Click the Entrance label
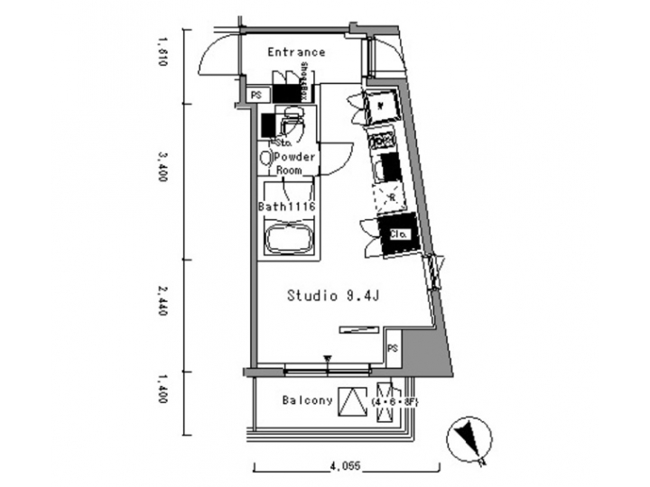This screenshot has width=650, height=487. pyautogui.click(x=296, y=52)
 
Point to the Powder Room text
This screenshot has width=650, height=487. pyautogui.click(x=294, y=163)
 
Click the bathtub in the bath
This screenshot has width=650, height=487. pyautogui.click(x=288, y=240)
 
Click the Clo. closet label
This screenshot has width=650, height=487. pyautogui.click(x=398, y=234)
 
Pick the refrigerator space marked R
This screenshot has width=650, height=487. pyautogui.click(x=393, y=196)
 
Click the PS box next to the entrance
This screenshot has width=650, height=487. pyautogui.click(x=255, y=95)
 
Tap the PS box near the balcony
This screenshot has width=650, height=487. pyautogui.click(x=394, y=348)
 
